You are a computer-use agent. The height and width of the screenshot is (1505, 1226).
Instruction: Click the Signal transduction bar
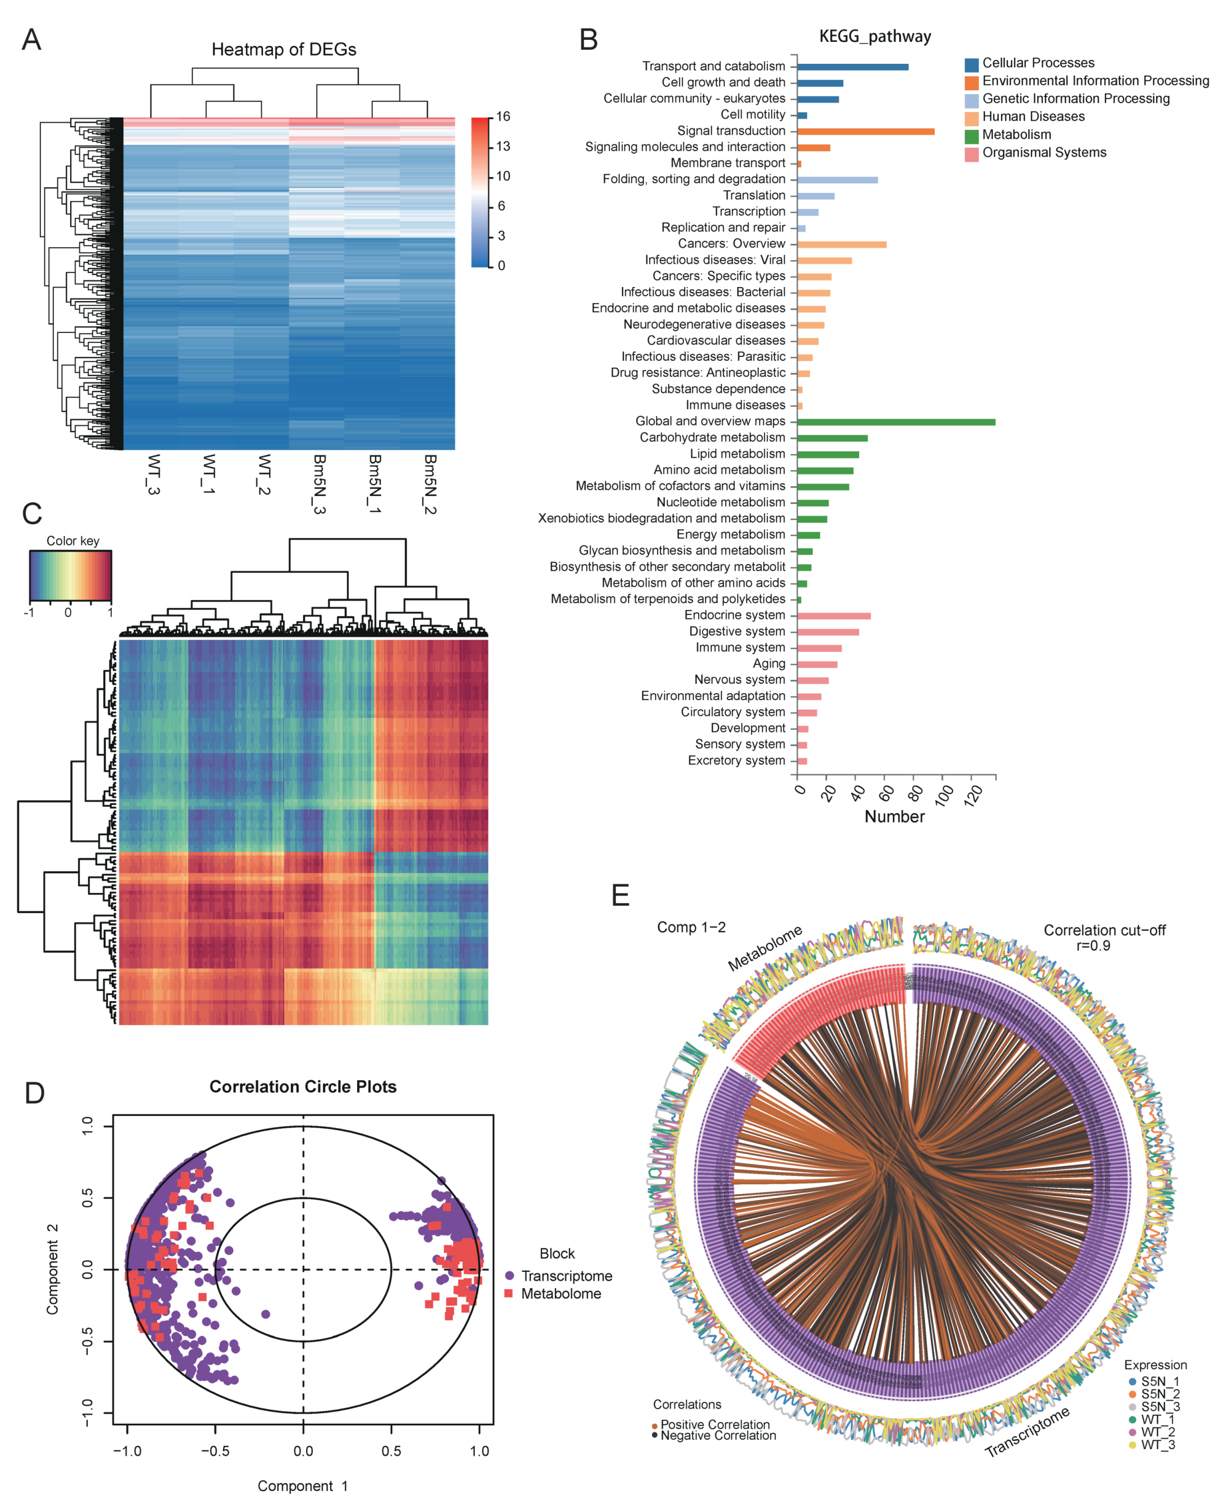865,132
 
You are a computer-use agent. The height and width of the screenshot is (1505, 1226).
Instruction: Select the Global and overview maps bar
896,422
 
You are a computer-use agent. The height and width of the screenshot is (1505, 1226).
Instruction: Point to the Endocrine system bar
833,615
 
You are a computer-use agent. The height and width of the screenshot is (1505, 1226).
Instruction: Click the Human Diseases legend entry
1033,117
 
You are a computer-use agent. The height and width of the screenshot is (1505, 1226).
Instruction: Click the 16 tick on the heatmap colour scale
502,117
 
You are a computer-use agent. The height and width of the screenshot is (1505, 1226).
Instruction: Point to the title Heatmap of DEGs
284,49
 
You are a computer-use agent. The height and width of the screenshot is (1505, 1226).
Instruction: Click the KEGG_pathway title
874,37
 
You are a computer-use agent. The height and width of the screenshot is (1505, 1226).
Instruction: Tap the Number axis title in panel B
894,816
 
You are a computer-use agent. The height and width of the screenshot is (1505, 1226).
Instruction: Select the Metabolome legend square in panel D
509,1293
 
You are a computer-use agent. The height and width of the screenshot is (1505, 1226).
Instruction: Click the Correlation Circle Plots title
303,1087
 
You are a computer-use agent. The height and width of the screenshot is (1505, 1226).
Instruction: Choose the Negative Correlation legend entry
717,1435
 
